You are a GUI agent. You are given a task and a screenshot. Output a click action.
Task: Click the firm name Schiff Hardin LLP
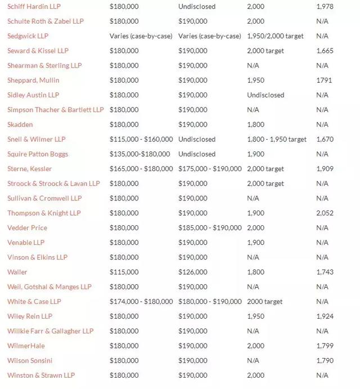[34, 6]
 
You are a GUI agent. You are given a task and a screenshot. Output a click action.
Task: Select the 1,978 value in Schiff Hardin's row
[325, 6]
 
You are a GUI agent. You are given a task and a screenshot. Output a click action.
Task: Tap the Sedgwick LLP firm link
[28, 36]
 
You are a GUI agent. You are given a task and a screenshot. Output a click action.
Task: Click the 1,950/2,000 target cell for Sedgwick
[275, 36]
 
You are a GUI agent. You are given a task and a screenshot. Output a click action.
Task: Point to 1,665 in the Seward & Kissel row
[325, 51]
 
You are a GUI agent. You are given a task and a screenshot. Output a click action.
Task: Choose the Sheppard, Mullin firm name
[33, 80]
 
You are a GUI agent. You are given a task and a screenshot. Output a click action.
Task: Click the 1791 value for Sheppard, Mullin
[324, 80]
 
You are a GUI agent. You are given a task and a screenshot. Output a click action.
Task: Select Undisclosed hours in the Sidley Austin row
[265, 95]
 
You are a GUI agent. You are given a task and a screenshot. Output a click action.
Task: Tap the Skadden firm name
[20, 124]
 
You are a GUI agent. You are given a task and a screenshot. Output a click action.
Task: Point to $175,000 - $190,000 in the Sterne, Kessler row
[210, 169]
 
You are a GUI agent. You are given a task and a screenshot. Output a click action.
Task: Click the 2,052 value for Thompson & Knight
[325, 213]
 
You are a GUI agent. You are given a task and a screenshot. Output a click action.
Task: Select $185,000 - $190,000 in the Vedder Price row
[210, 228]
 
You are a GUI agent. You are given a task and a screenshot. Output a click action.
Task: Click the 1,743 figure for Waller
[325, 272]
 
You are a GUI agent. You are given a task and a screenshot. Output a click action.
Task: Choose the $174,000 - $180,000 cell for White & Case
[141, 301]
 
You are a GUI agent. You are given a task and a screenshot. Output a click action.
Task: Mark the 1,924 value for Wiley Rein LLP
[325, 316]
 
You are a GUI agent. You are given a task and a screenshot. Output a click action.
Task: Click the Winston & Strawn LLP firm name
[41, 375]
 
